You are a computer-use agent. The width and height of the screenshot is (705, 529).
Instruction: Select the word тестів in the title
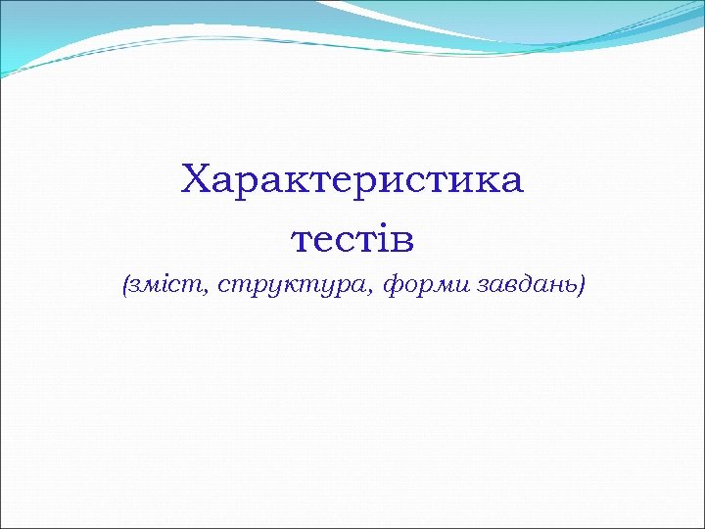(352, 237)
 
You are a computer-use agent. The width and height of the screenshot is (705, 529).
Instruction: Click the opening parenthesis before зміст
(125, 286)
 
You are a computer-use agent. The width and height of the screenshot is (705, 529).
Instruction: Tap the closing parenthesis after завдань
(582, 286)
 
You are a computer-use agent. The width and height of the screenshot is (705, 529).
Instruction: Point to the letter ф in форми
(391, 286)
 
